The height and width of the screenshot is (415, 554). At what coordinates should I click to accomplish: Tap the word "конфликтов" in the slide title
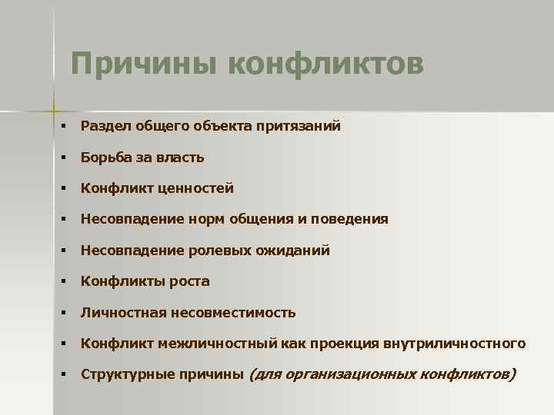click(x=325, y=64)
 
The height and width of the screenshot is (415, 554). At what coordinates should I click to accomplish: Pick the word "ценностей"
click(x=199, y=188)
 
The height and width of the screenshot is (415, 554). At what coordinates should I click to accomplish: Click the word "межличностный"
click(x=212, y=344)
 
